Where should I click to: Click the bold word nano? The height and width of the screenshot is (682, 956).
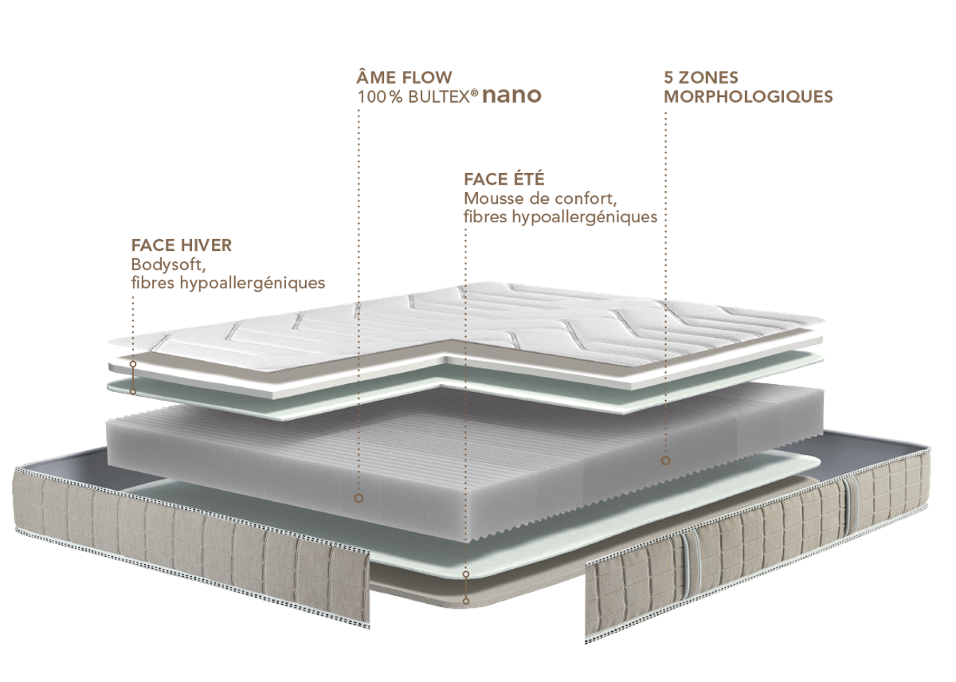click(x=511, y=96)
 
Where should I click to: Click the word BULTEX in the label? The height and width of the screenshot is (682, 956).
click(x=439, y=97)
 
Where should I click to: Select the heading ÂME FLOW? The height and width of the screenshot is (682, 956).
click(x=404, y=76)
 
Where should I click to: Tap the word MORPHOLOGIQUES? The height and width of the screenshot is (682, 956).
click(x=749, y=96)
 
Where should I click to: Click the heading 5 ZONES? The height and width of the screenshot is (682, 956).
click(x=701, y=77)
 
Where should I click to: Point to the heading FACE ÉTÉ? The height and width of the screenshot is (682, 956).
click(x=504, y=178)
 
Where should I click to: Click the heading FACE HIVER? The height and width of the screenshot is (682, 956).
click(x=182, y=245)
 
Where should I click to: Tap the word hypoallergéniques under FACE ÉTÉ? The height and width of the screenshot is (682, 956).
click(x=584, y=218)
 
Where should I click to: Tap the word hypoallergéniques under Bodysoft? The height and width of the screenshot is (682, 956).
click(x=253, y=283)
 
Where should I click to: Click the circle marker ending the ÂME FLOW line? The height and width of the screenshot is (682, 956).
click(x=358, y=498)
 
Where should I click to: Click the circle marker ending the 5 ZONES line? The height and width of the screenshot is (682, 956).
click(x=665, y=461)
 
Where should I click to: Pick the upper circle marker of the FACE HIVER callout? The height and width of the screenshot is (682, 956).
click(x=133, y=364)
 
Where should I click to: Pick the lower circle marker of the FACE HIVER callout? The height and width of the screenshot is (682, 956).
click(x=133, y=391)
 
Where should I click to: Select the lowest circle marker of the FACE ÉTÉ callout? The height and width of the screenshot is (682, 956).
click(x=466, y=602)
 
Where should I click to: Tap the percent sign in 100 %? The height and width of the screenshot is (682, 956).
click(x=397, y=97)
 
